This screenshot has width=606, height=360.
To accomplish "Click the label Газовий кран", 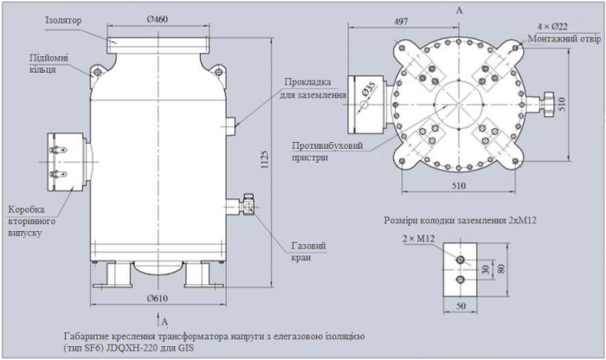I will point(308,252).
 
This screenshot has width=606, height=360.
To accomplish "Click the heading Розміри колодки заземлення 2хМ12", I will point(461,221).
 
